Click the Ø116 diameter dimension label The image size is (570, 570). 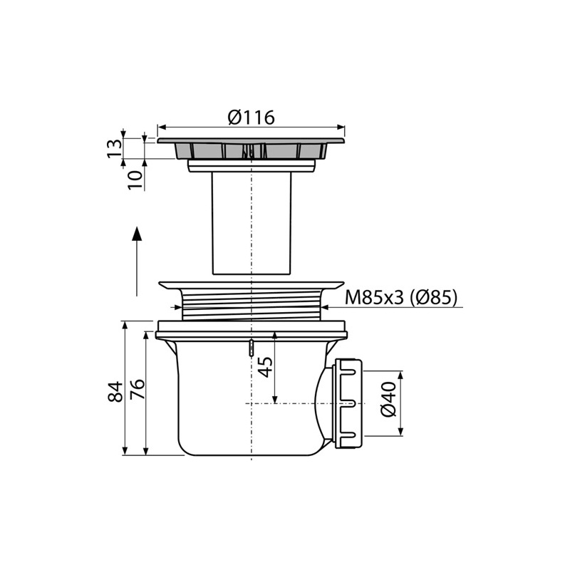tap(252, 117)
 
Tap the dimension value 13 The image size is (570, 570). tap(115, 147)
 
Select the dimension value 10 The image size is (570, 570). tap(135, 180)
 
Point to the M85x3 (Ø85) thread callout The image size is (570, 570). tap(401, 297)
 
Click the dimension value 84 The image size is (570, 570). tap(115, 391)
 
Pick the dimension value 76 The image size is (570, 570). tap(138, 389)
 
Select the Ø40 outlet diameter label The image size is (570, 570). tap(388, 399)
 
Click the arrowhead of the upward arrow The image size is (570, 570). tap(137, 234)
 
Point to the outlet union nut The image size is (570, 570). tap(348, 403)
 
